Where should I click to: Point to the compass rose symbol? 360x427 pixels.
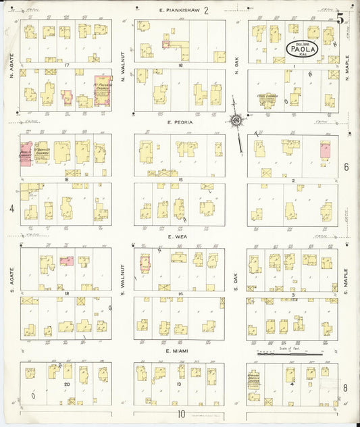point(236,122)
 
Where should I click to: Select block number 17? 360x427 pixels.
point(66,65)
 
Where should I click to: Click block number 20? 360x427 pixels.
point(66,384)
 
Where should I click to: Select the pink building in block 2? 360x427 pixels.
point(326,150)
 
